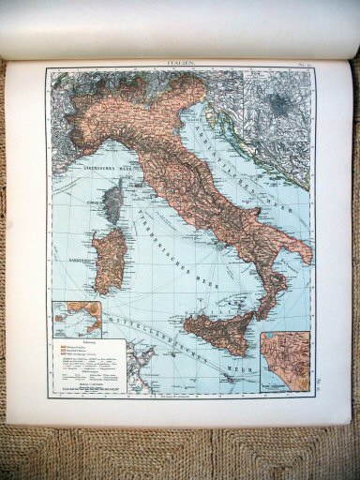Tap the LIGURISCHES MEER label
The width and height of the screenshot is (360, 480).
click(x=91, y=172)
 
